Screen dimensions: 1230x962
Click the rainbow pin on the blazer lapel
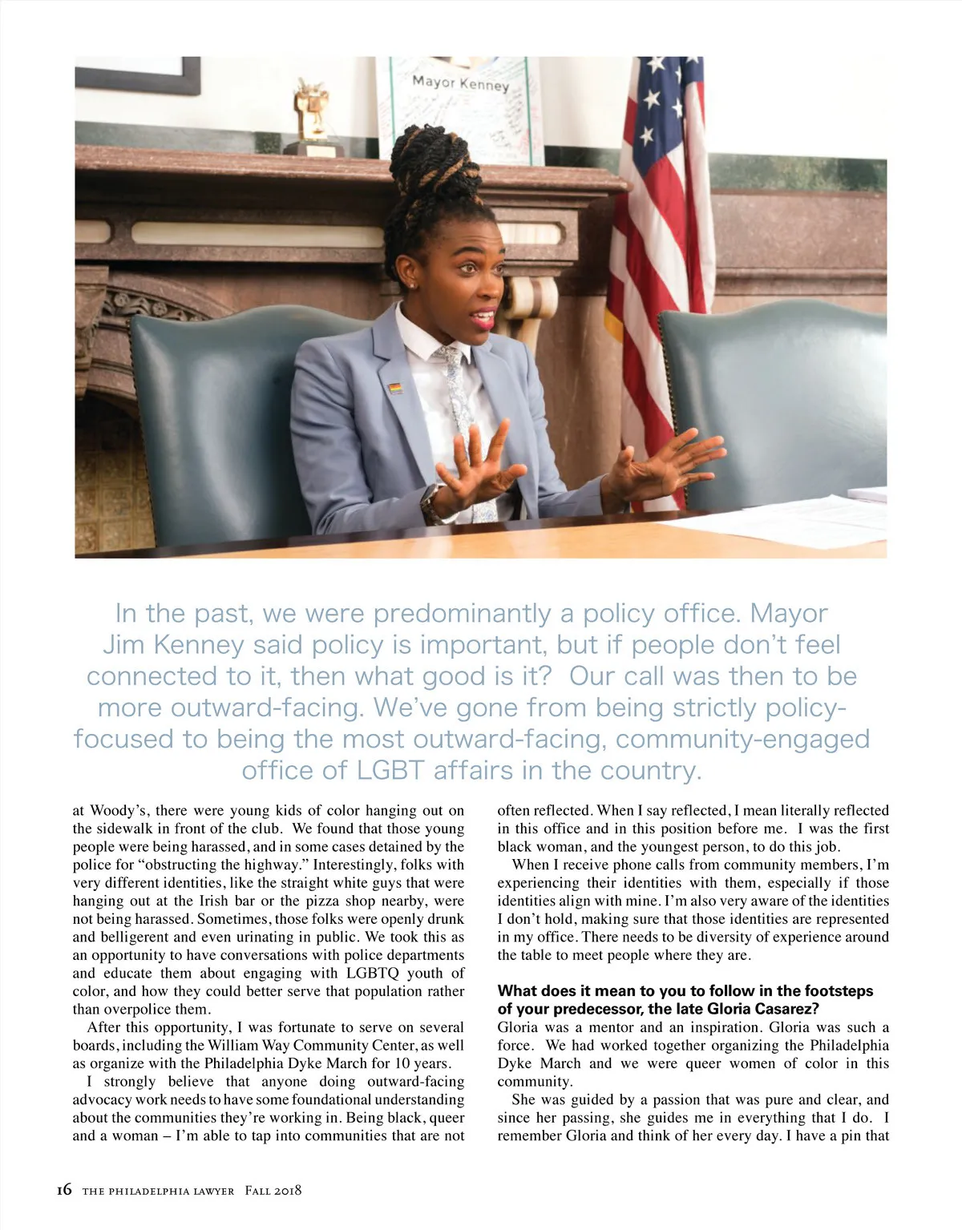point(395,389)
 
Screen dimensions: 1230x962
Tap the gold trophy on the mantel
point(312,112)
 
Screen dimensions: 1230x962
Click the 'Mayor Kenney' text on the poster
point(460,83)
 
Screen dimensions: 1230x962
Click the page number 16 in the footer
point(64,1190)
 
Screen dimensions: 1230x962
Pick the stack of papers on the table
point(810,513)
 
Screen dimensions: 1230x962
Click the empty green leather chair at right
point(770,401)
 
